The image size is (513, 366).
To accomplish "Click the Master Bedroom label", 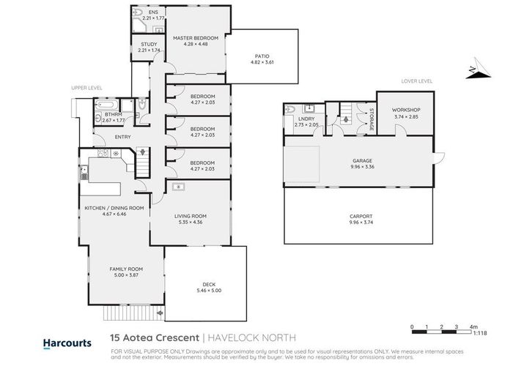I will point(196,38).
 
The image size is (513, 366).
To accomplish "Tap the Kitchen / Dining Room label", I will point(114,208).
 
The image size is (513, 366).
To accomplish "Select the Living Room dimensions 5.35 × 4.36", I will point(191,223).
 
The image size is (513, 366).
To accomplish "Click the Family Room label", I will point(124,269).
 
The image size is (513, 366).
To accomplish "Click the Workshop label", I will point(407,110).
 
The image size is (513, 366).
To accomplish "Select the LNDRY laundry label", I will point(305,118).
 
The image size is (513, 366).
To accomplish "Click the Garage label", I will point(362,160).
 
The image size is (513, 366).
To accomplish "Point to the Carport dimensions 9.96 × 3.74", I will point(362,223).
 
